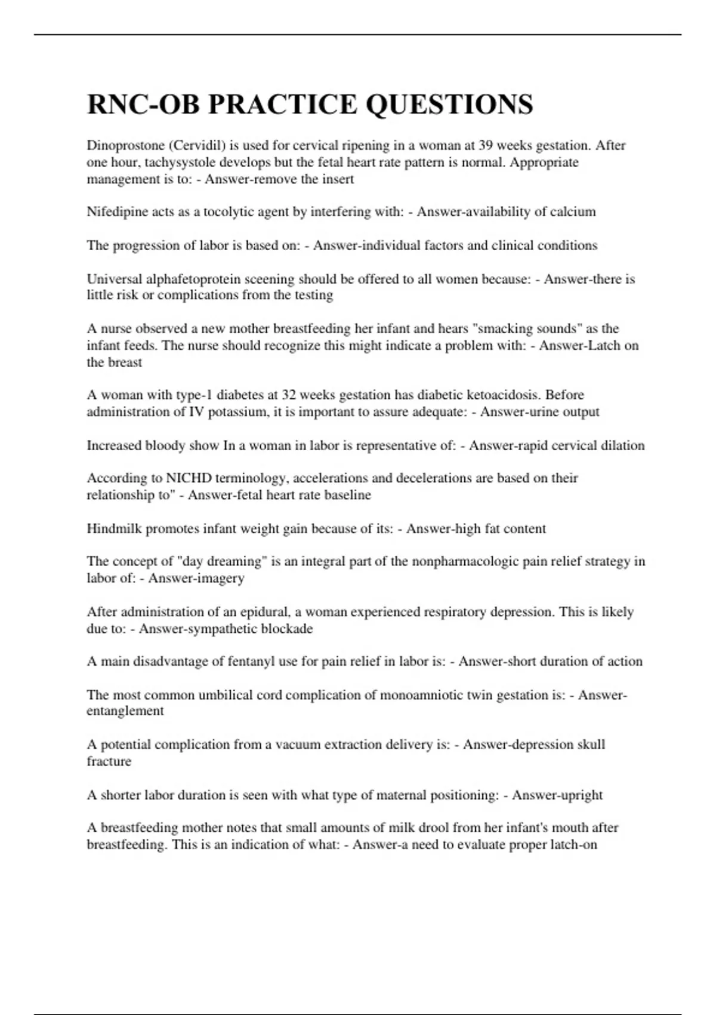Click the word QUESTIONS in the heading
click(449, 104)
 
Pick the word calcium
click(573, 212)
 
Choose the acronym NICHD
click(189, 478)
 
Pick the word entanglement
click(125, 711)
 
